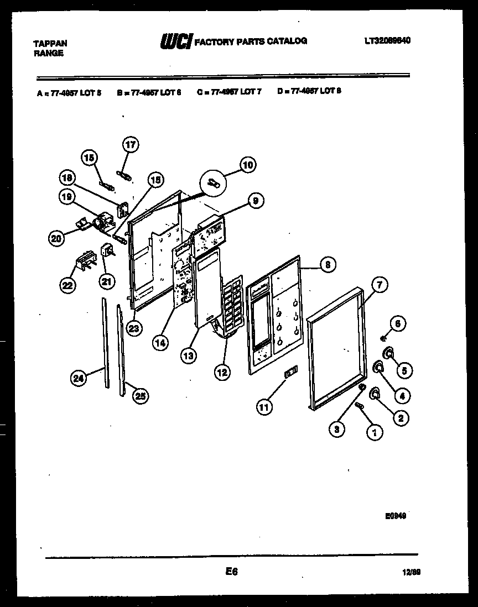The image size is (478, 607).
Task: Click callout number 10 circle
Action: (x=247, y=164)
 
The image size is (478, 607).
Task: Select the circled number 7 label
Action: (x=379, y=286)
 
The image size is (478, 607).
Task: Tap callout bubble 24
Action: (x=79, y=379)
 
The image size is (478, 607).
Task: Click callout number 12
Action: (x=222, y=373)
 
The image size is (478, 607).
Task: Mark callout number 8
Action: (x=328, y=265)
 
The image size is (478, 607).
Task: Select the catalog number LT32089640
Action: (x=387, y=40)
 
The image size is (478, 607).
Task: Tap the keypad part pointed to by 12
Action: (x=233, y=307)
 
